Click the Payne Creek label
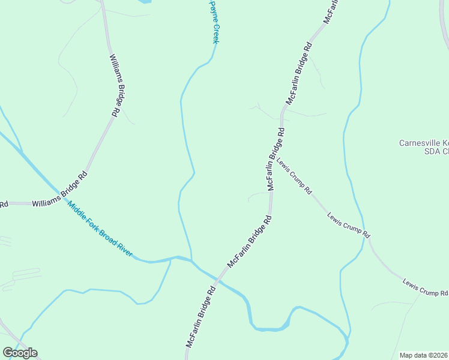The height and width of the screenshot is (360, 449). (x=213, y=22)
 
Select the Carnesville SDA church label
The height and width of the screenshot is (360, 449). (x=424, y=147)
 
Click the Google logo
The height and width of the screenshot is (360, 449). (x=20, y=352)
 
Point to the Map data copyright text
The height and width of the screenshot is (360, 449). (x=424, y=355)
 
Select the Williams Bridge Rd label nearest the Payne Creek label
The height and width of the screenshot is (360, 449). (x=117, y=85)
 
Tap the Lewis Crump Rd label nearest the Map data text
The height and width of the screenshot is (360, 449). (x=425, y=287)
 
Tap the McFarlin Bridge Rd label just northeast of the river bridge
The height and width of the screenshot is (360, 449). (x=250, y=242)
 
